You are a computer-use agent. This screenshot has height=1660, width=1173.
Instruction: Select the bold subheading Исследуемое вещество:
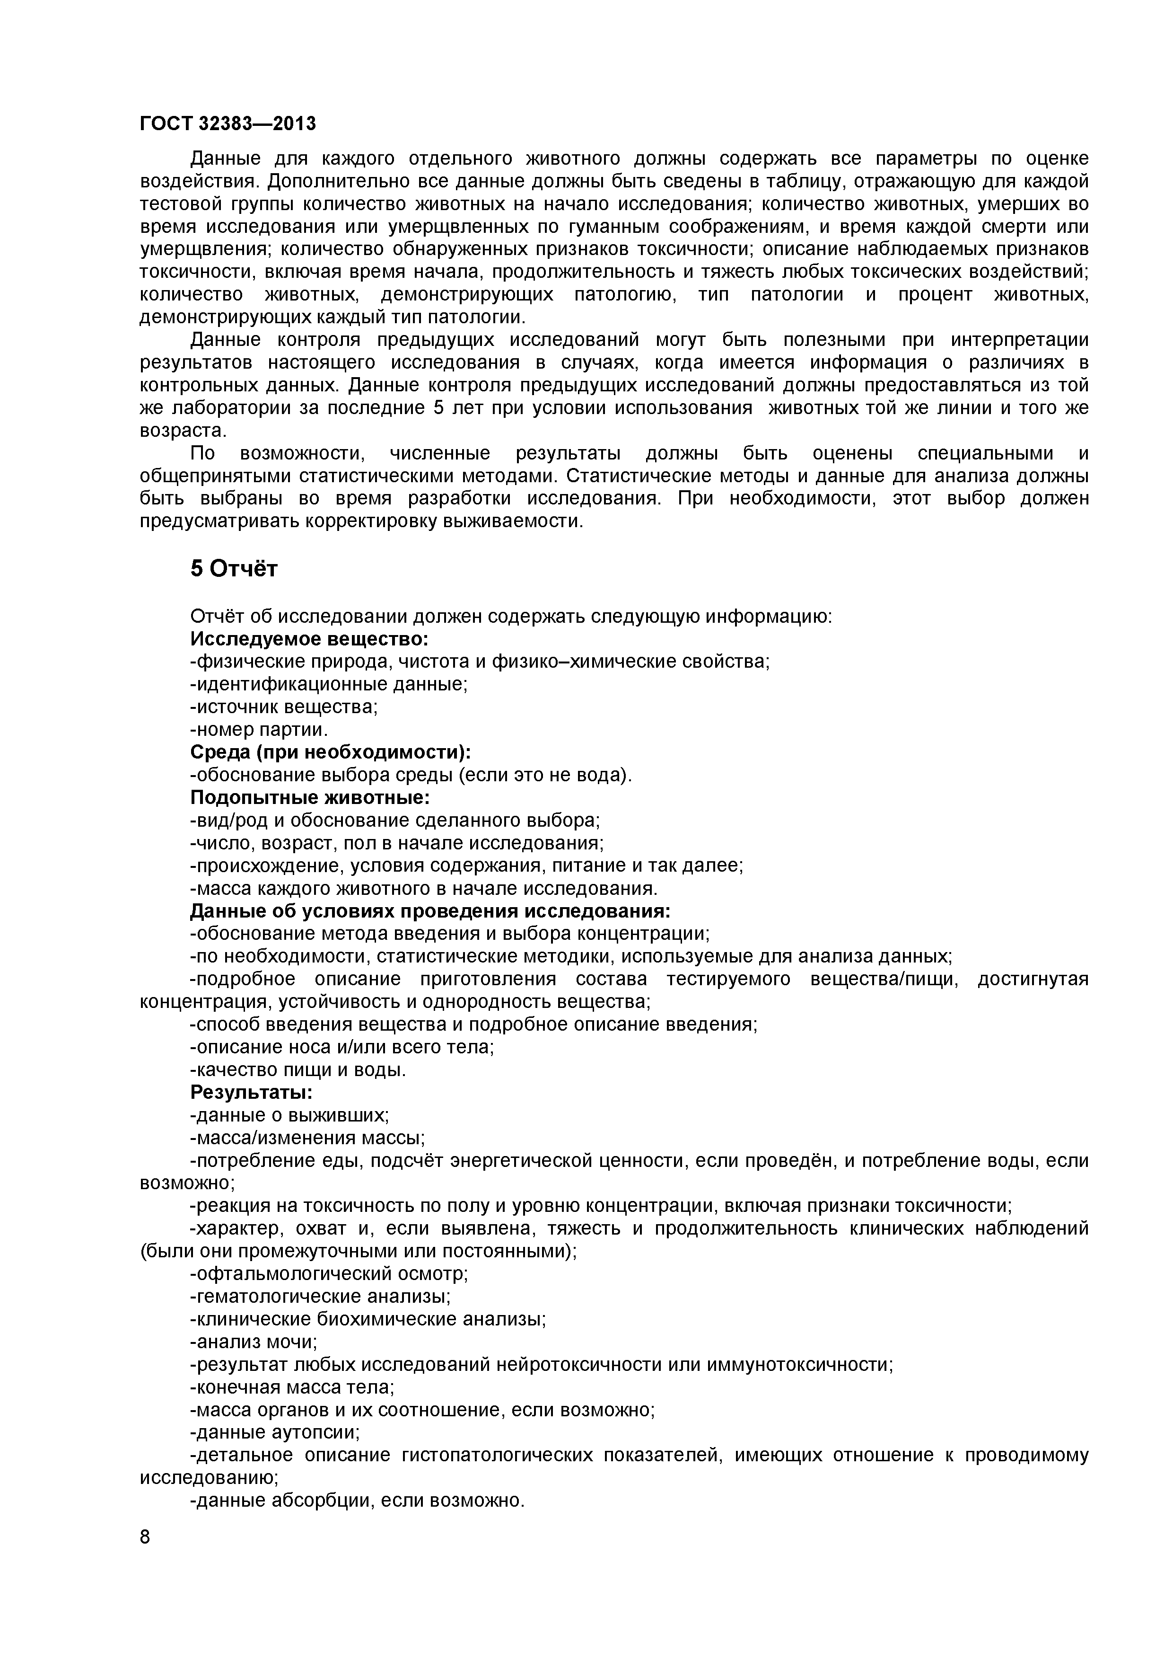pyautogui.click(x=309, y=639)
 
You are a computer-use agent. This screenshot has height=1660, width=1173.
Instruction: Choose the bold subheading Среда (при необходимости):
pyautogui.click(x=330, y=752)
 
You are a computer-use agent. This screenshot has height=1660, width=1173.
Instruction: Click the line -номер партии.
pyautogui.click(x=259, y=730)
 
